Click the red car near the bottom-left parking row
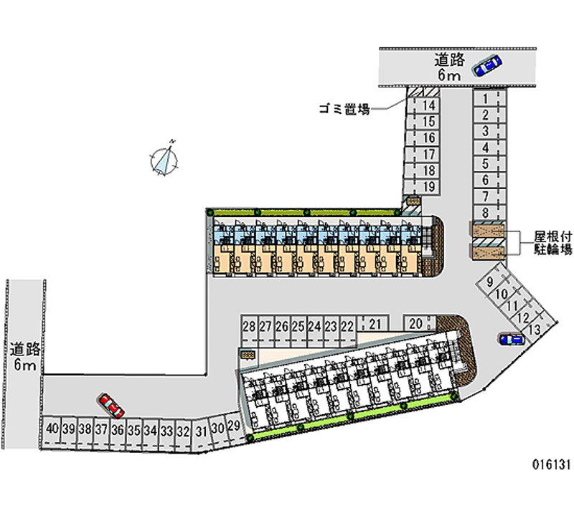pyautogui.click(x=111, y=406)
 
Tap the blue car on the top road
pyautogui.click(x=487, y=65)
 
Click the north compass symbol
pyautogui.click(x=164, y=159)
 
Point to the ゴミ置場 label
pyautogui.click(x=344, y=110)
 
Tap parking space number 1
pyautogui.click(x=486, y=98)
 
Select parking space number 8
pyautogui.click(x=486, y=212)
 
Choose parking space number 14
pyautogui.click(x=429, y=105)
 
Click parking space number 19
pyautogui.click(x=429, y=187)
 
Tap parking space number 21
pyautogui.click(x=374, y=324)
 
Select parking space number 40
pyautogui.click(x=52, y=430)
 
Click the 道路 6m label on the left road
pyautogui.click(x=24, y=357)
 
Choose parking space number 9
pyautogui.click(x=490, y=282)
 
